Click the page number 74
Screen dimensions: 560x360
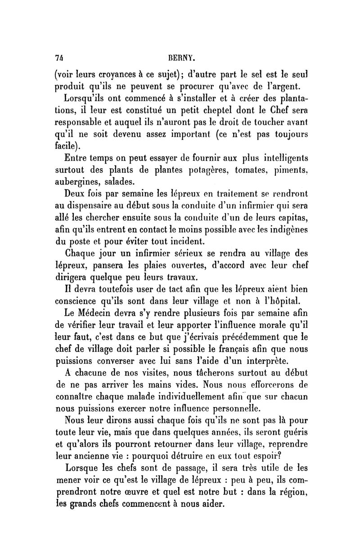click(58, 57)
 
